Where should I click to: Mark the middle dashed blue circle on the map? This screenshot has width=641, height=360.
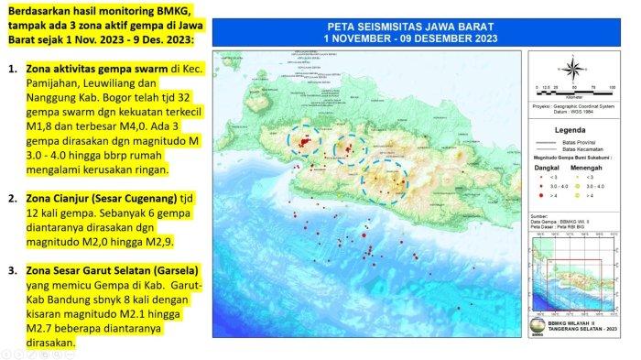347,147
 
